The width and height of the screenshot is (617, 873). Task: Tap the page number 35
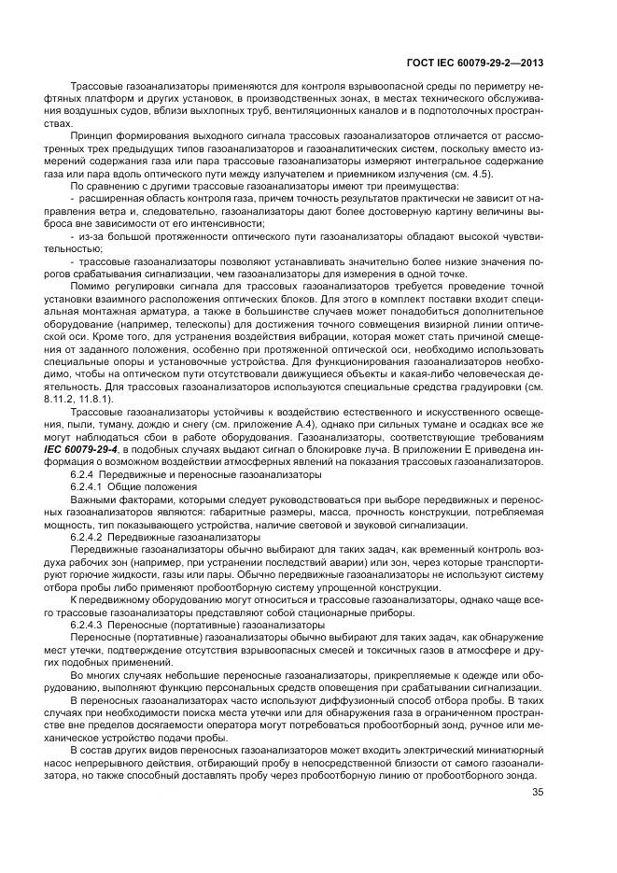tap(538, 794)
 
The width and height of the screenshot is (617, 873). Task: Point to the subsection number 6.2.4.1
tap(90, 488)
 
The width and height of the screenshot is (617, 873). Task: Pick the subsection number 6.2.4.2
tap(90, 538)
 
